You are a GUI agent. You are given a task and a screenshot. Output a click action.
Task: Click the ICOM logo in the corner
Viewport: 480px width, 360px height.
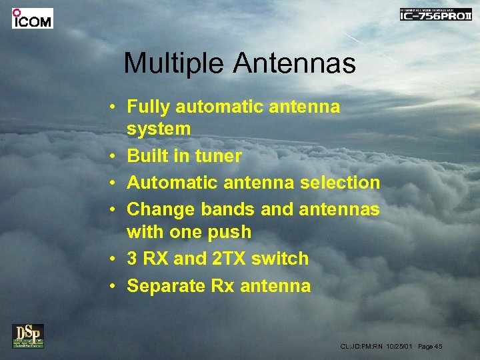click(32, 19)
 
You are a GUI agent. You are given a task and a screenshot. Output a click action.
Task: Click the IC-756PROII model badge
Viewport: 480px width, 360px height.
click(435, 15)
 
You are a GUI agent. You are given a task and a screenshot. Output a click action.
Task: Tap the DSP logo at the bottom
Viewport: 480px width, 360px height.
click(27, 335)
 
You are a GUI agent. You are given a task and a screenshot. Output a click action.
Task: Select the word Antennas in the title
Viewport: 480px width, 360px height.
click(294, 64)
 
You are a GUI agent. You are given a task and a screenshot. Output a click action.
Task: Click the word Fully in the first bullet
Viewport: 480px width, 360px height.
click(145, 107)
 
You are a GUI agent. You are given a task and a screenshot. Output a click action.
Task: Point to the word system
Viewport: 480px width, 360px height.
click(159, 128)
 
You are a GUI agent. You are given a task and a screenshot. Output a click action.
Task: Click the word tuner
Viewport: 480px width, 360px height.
click(219, 156)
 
